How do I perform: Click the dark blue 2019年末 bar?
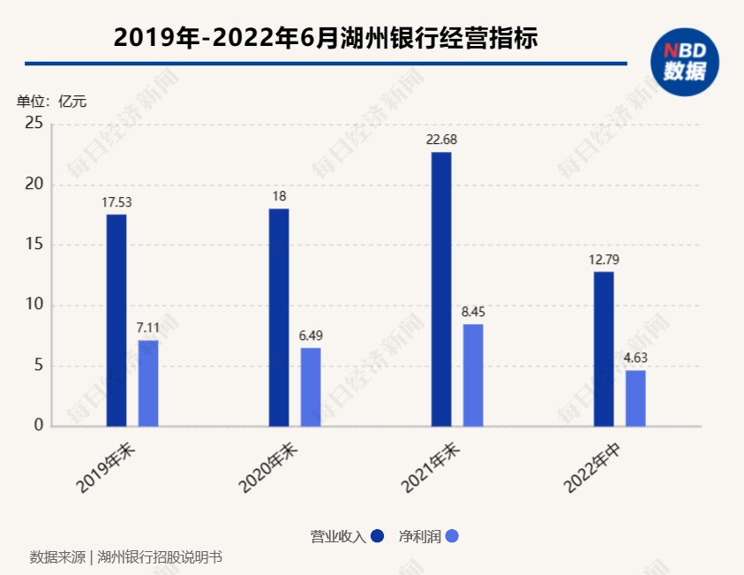[116, 321]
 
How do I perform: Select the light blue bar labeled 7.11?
[148, 383]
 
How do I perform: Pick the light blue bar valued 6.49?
[311, 387]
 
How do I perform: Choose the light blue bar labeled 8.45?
[473, 375]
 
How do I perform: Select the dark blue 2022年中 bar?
[604, 349]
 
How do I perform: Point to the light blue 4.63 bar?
[635, 398]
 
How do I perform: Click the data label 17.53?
[116, 202]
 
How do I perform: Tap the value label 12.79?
[604, 260]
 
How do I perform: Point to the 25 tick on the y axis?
[34, 124]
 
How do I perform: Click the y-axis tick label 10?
[34, 306]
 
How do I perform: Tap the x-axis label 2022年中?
[594, 467]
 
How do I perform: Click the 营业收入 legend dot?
[378, 536]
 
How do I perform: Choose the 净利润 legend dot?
[452, 536]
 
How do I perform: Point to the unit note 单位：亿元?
[52, 101]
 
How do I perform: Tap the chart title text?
[326, 38]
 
